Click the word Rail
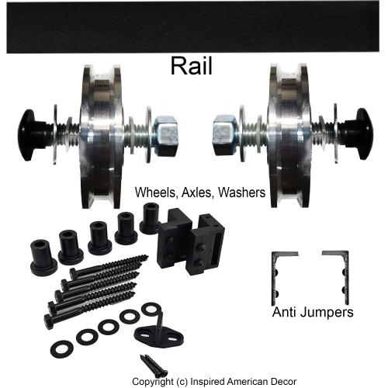click(192, 66)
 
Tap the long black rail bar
click(193, 27)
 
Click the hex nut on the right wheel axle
click(225, 136)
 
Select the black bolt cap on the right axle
click(360, 133)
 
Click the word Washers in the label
click(241, 192)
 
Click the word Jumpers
click(328, 313)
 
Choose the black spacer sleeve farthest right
click(151, 218)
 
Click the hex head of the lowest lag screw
click(49, 321)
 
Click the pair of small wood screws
click(154, 365)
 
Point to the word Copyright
click(153, 382)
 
